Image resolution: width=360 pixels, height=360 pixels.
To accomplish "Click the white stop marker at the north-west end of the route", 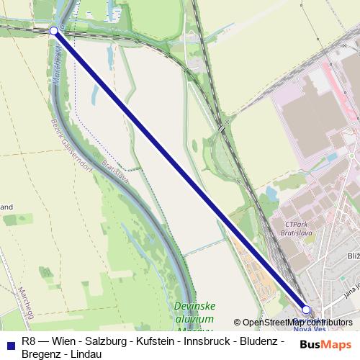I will (x=55, y=30).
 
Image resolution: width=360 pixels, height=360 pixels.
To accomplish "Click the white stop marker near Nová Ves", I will (x=306, y=310).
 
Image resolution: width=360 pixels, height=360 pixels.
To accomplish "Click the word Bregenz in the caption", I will (x=42, y=354).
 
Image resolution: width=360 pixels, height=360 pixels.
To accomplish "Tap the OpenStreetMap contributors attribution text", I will (x=293, y=323).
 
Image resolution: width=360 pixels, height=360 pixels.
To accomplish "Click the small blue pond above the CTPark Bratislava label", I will (x=271, y=193).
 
